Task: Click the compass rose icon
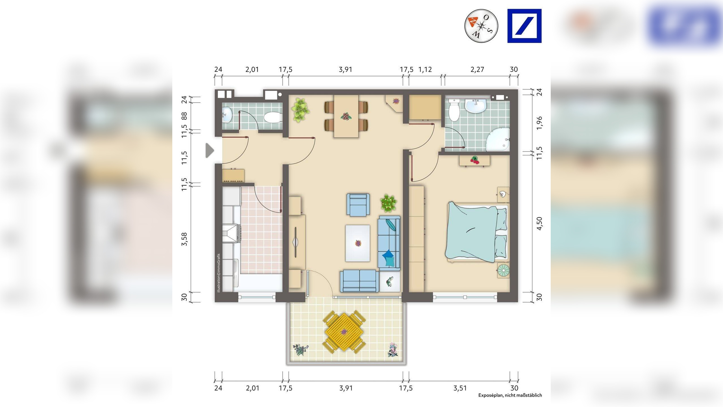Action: coord(481,26)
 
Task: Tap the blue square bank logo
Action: coord(524,26)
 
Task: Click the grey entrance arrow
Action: coord(210,150)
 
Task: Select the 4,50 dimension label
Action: coord(539,224)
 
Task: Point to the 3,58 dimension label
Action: coord(184,239)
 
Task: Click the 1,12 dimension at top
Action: coord(425,69)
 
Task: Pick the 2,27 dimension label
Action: coord(477,69)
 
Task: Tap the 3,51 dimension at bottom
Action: coord(460,388)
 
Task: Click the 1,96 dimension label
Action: coord(539,123)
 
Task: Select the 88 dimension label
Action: coord(184,116)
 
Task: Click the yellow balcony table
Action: coord(344,332)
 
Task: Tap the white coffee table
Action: coord(358,243)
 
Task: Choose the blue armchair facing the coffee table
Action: coord(358,205)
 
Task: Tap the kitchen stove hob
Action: coord(231,233)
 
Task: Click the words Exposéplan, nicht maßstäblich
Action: coord(510,395)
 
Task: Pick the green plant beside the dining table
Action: coord(300,110)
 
